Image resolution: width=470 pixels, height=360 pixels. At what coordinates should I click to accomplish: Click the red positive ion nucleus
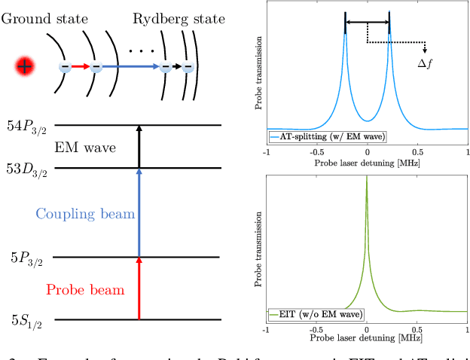pyautogui.click(x=25, y=67)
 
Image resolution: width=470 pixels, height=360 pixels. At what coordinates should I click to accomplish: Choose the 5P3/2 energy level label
pyautogui.click(x=27, y=258)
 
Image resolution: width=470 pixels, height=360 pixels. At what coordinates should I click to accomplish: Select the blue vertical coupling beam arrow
pyautogui.click(x=139, y=213)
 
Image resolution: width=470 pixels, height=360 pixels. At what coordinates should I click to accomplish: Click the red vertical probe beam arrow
pyautogui.click(x=139, y=289)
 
